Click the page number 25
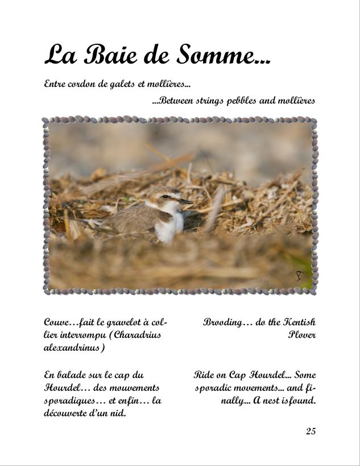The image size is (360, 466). (x=311, y=431)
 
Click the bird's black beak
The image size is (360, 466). (x=186, y=201)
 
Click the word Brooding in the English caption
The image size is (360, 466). (x=222, y=322)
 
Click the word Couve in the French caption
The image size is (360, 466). (x=57, y=322)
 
